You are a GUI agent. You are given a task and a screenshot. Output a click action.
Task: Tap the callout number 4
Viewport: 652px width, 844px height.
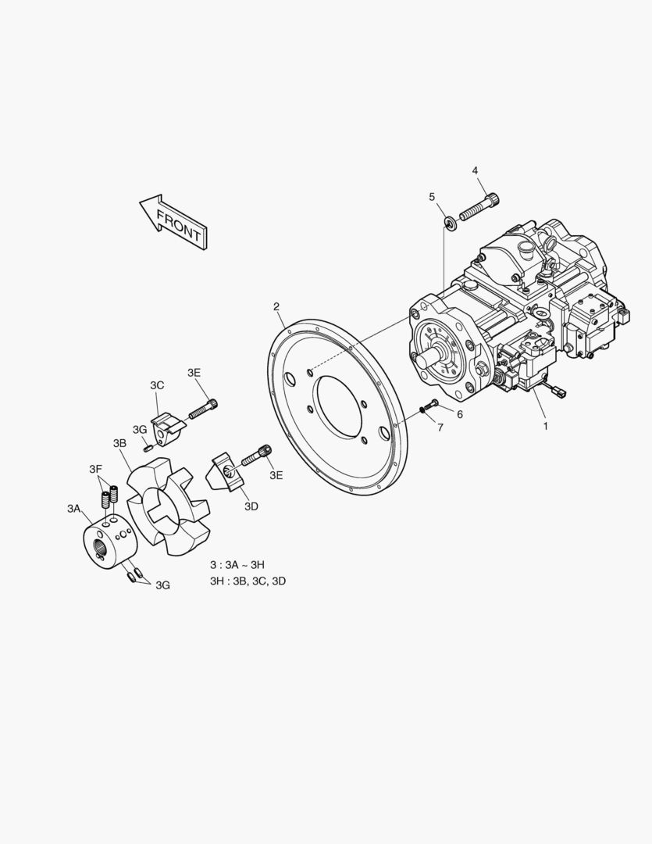475,170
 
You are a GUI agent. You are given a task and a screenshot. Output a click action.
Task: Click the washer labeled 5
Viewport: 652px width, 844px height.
450,222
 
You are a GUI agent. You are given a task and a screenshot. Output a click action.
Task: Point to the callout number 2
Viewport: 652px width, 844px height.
276,307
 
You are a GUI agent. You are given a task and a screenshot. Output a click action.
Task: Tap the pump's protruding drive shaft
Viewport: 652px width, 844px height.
429,357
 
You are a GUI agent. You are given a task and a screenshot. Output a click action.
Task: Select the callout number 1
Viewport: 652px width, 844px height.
546,427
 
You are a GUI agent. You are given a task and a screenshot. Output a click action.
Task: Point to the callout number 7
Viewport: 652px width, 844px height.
440,428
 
